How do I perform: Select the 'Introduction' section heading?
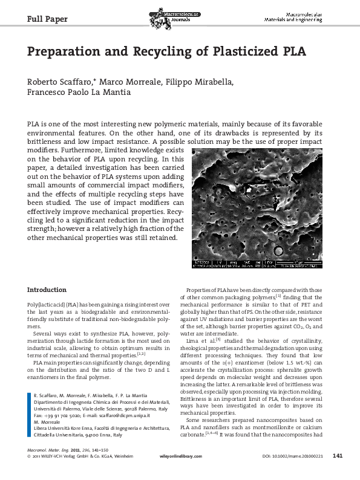[x=47, y=290]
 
